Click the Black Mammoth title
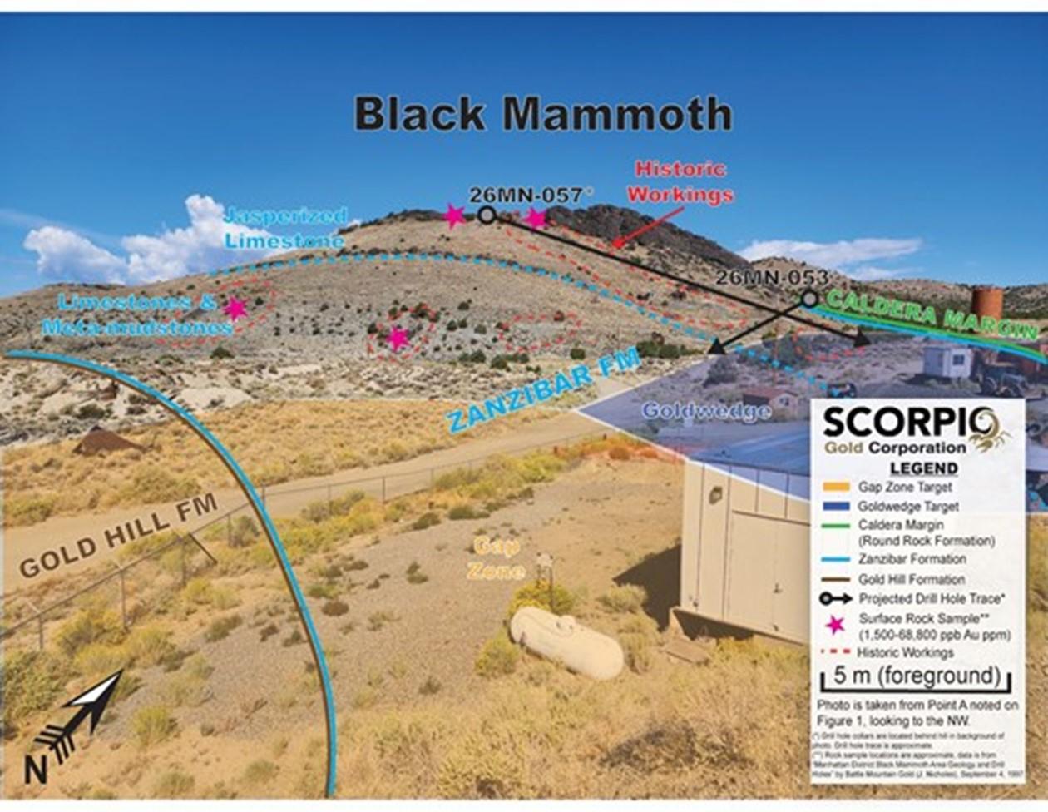pyautogui.click(x=542, y=114)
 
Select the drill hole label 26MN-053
pyautogui.click(x=772, y=277)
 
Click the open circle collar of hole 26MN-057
pyautogui.click(x=487, y=215)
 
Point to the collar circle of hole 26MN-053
pyautogui.click(x=809, y=298)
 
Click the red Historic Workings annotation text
pyautogui.click(x=680, y=181)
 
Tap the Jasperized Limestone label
pyautogui.click(x=284, y=228)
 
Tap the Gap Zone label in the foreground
pyautogui.click(x=497, y=558)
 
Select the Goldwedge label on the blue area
pyautogui.click(x=706, y=411)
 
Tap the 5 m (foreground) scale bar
pyautogui.click(x=916, y=676)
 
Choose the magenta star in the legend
pyautogui.click(x=835, y=625)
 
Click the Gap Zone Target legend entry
pyautogui.click(x=905, y=487)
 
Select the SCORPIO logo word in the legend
pyautogui.click(x=906, y=422)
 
